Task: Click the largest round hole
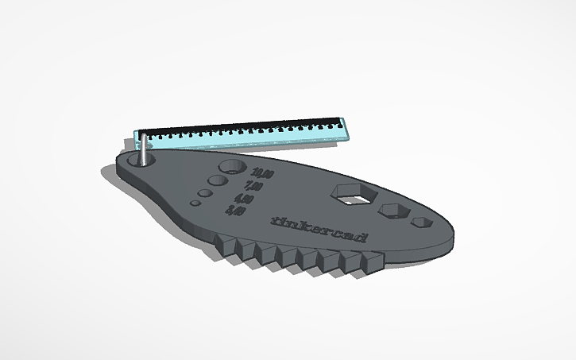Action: point(232,168)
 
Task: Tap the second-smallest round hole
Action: point(204,193)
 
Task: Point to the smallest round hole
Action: point(195,203)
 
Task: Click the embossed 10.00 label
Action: point(261,174)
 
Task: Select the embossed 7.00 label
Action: point(253,187)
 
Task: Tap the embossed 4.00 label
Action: point(244,199)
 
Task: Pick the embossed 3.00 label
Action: point(235,211)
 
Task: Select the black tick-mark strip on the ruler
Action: point(238,127)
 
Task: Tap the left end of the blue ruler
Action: point(137,137)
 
